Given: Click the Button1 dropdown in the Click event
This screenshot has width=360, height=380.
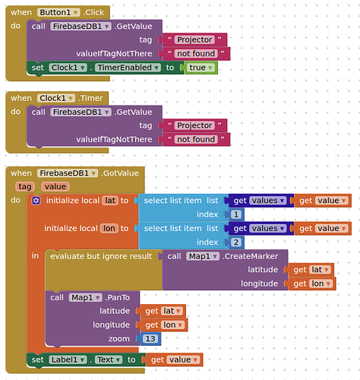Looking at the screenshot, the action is click(x=58, y=12).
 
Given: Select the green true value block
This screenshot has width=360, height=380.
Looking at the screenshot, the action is click(x=201, y=68).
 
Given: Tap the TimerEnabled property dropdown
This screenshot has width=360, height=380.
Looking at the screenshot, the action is click(x=128, y=68).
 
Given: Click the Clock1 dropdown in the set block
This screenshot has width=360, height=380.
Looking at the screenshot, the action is click(x=68, y=68).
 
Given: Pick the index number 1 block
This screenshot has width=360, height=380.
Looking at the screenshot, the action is click(x=236, y=214).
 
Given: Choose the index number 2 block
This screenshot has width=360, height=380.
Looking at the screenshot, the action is click(x=236, y=242).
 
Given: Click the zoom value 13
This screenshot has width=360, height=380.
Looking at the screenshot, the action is click(x=150, y=339).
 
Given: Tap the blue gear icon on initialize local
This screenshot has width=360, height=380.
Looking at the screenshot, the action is click(x=36, y=201).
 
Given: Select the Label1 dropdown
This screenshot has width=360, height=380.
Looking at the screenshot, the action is click(x=68, y=359).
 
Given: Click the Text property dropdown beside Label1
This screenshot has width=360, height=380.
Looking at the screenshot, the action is click(x=109, y=359).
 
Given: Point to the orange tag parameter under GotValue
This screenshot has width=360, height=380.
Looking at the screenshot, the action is click(x=24, y=187).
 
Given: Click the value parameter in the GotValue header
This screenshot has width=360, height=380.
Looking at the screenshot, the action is click(x=55, y=187).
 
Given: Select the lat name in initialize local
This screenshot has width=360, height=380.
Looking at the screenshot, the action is click(x=110, y=201).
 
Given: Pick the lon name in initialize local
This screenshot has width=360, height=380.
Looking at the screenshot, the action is click(x=109, y=229).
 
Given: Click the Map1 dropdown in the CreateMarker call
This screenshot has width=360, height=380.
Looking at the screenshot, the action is click(x=203, y=256).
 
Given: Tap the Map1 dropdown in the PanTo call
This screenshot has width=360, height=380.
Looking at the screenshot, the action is click(x=85, y=298).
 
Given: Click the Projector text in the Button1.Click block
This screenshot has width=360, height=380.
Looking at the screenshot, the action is click(x=194, y=40).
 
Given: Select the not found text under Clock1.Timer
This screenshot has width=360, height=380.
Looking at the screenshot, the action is click(x=196, y=139).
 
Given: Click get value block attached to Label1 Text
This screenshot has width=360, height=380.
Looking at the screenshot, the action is click(x=174, y=359).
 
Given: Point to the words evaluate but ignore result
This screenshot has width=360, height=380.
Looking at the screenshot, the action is click(x=101, y=256).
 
